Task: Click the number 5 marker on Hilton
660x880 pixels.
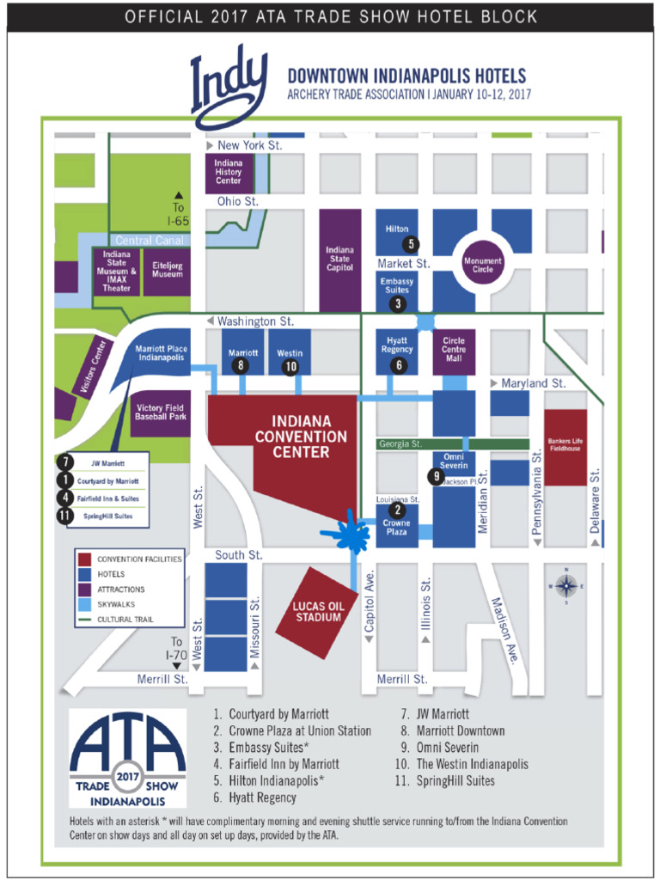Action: [x=412, y=244]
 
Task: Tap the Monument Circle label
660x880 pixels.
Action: [x=483, y=265]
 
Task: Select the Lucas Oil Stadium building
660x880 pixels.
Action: [x=319, y=611]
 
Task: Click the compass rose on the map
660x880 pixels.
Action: [x=566, y=586]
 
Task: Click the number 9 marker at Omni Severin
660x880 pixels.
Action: [x=437, y=476]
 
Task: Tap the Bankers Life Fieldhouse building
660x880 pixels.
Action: [x=565, y=447]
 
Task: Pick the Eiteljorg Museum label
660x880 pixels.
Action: [x=168, y=269]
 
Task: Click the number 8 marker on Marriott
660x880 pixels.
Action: [x=241, y=366]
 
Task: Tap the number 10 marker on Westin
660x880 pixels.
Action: [x=290, y=366]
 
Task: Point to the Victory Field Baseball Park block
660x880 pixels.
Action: [x=162, y=412]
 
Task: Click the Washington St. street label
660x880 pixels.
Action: [x=255, y=321]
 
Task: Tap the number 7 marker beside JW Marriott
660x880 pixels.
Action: [x=66, y=462]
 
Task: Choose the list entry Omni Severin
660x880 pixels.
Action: [x=447, y=748]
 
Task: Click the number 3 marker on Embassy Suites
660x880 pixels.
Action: [x=397, y=303]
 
